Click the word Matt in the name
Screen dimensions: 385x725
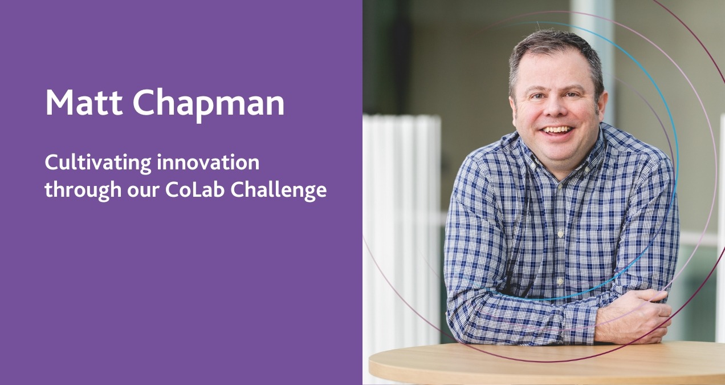[x=81, y=103]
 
